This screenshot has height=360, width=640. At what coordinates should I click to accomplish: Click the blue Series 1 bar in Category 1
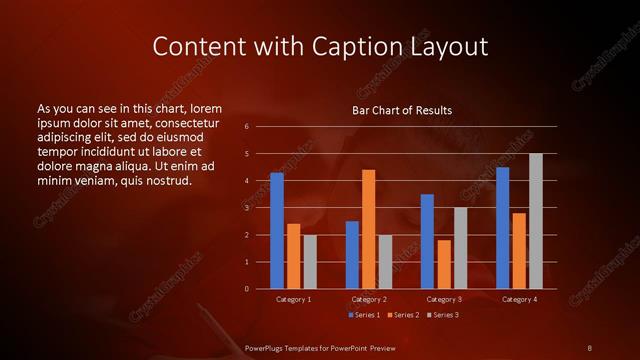pos(277,231)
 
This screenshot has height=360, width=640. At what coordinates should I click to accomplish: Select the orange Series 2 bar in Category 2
pos(369,229)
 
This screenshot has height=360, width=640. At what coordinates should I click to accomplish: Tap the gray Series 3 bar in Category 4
pos(535,221)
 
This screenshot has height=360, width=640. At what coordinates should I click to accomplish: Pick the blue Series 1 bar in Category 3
pos(427,241)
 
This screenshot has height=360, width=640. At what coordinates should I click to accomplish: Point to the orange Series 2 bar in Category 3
pos(444,264)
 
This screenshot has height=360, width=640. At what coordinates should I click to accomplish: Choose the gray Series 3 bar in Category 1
pos(310,261)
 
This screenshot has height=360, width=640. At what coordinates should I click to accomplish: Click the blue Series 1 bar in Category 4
pos(502,228)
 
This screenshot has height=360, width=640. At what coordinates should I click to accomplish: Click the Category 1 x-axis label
pos(293,299)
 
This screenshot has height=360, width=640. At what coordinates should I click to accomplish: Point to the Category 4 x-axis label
pos(519,299)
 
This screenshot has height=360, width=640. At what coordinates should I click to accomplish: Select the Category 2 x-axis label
pos(369,299)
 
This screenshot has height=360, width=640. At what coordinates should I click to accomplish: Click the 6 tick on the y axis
pos(246,127)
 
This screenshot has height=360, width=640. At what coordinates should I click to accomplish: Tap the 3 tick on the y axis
pos(246,208)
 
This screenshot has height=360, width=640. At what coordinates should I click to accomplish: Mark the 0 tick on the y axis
pos(246,289)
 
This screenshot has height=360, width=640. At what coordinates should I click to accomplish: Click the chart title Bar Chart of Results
pos(402,110)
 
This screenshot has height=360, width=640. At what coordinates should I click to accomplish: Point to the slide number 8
pos(590,347)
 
